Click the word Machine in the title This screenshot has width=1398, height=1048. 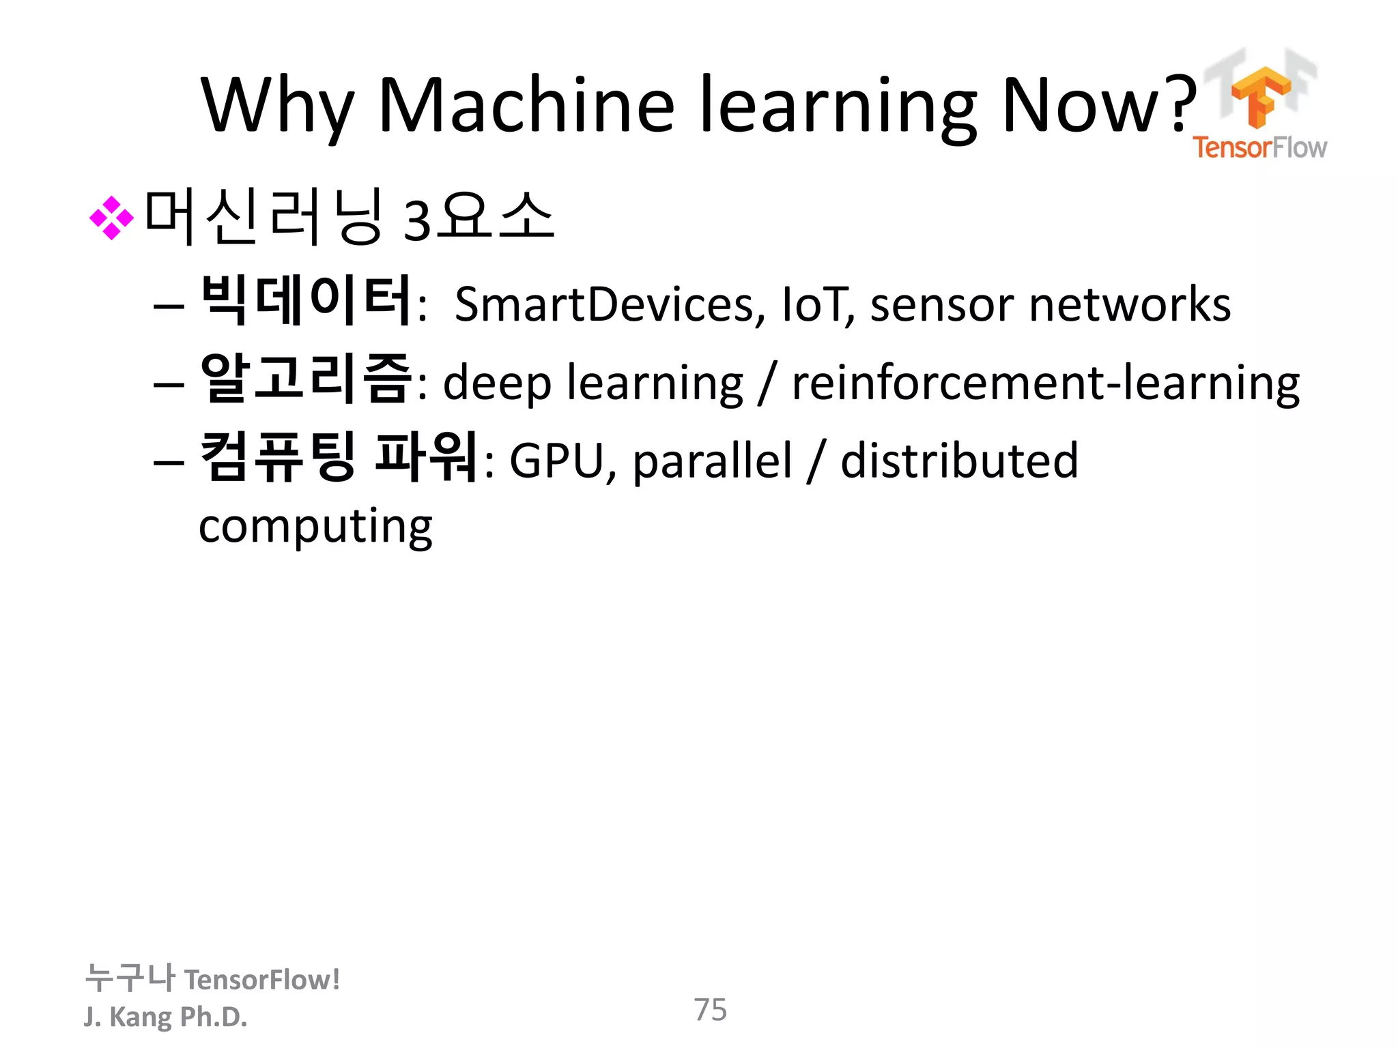click(526, 105)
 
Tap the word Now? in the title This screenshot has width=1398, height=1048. click(1099, 105)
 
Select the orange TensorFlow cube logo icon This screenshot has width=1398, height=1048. click(1260, 96)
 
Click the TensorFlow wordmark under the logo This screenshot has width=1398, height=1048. click(1259, 147)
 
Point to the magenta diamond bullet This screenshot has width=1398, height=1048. click(111, 218)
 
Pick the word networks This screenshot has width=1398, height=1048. click(1130, 304)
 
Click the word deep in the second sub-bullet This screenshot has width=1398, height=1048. click(497, 383)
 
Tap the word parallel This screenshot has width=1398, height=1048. click(713, 461)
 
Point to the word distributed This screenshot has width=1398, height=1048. click(959, 461)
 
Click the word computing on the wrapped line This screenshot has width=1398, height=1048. click(315, 527)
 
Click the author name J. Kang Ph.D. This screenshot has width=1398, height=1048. click(165, 1017)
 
